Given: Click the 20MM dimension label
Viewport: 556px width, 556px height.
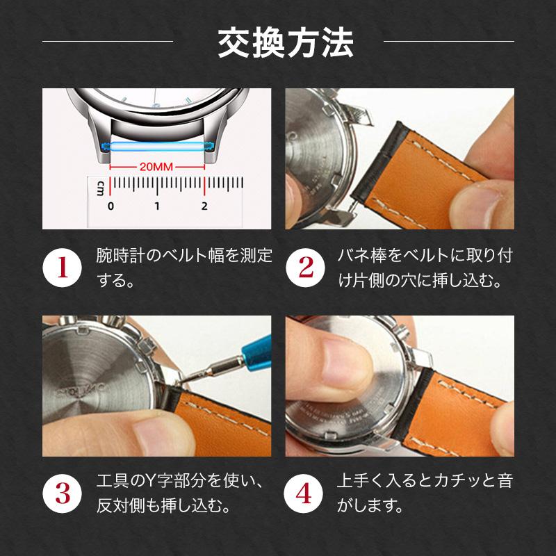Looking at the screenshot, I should click(156, 167).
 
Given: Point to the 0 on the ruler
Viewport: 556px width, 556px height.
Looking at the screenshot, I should click(111, 206).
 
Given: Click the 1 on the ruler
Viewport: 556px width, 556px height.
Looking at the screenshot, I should click(157, 206).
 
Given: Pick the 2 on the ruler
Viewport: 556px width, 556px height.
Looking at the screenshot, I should click(204, 206).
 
